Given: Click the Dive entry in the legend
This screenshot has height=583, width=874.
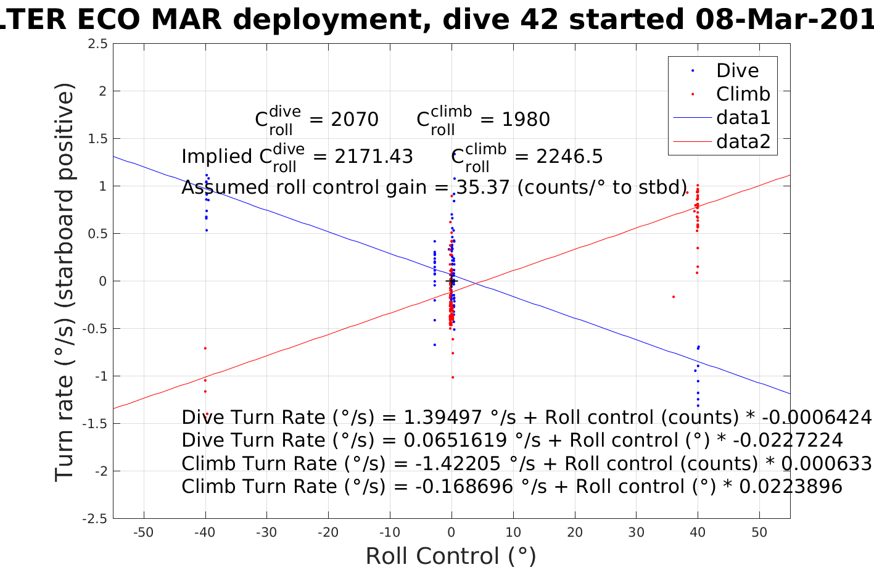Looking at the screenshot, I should tap(736, 70).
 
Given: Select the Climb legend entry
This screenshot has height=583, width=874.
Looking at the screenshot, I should tap(743, 94).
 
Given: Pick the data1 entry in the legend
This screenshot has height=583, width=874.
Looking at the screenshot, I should tap(743, 117).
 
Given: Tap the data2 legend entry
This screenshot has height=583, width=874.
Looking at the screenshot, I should tap(743, 141).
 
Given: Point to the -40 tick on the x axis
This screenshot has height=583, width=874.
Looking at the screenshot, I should tap(205, 532).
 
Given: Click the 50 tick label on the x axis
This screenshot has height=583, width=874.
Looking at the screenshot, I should tap(759, 532).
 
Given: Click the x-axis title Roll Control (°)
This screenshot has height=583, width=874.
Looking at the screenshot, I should tap(451, 556).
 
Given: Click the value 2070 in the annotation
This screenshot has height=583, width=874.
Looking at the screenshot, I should tap(355, 119).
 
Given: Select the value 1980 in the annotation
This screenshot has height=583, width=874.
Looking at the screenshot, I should tap(526, 119).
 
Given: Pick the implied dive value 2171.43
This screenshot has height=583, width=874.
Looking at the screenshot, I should tap(374, 157).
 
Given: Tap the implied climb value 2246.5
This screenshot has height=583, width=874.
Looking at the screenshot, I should tap(569, 157).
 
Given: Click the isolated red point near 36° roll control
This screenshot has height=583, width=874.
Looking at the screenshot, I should tap(673, 297).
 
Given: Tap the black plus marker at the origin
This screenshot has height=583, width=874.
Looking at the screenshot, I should tap(451, 281).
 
